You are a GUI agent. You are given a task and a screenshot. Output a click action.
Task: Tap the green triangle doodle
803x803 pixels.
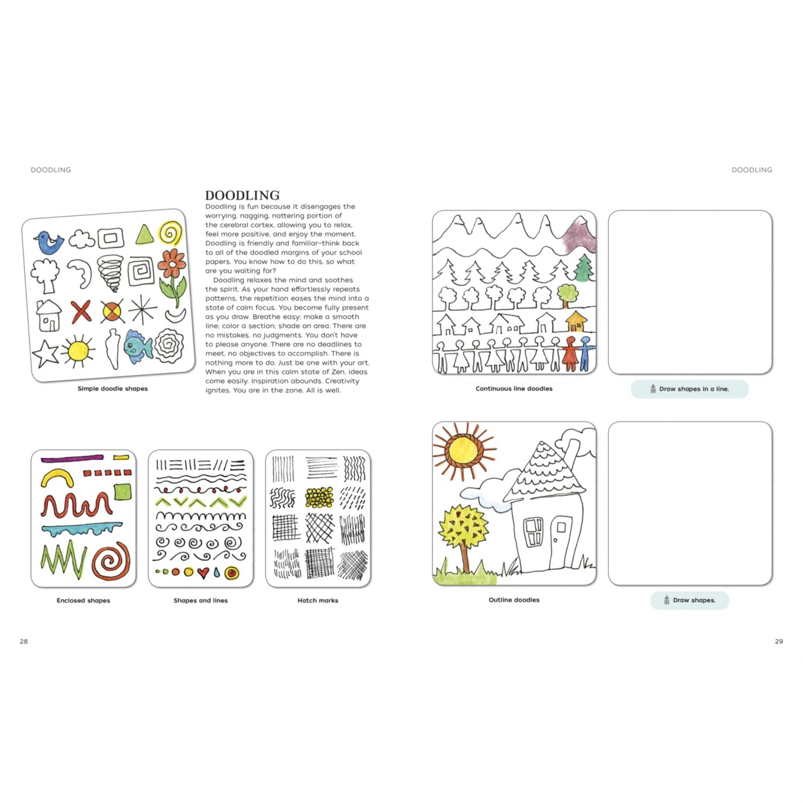pyautogui.click(x=144, y=235)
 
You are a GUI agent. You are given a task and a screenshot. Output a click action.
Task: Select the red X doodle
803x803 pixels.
pyautogui.click(x=81, y=311)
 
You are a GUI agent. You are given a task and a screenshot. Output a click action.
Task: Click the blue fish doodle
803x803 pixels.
pyautogui.click(x=137, y=346)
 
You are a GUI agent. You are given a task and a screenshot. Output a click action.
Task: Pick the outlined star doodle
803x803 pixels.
pyautogui.click(x=45, y=353)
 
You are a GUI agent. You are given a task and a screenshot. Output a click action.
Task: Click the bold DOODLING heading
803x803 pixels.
pyautogui.click(x=242, y=195)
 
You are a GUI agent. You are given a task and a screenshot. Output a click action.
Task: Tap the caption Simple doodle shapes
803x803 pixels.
pyautogui.click(x=113, y=389)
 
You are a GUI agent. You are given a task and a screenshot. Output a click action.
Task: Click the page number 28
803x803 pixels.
pyautogui.click(x=23, y=641)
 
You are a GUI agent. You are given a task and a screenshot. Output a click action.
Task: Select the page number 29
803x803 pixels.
pyautogui.click(x=778, y=641)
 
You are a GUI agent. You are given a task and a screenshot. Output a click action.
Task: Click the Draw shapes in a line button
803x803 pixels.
pyautogui.click(x=689, y=389)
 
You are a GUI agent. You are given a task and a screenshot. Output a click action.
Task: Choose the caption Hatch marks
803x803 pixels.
pyautogui.click(x=317, y=601)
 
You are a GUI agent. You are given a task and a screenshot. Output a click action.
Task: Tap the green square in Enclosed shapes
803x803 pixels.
pyautogui.click(x=123, y=492)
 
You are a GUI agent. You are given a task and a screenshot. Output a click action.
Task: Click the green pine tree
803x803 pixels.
pyautogui.click(x=583, y=269)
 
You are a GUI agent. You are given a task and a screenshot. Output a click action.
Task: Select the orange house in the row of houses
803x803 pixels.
pyautogui.click(x=576, y=322)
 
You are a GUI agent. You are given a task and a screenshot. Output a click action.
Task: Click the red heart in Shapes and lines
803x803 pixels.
pyautogui.click(x=203, y=573)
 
